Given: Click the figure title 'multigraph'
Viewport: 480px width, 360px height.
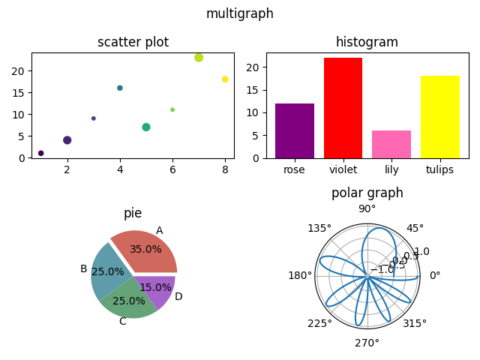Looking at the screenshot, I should coord(239,13).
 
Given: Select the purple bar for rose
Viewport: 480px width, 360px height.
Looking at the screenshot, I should coord(295,131).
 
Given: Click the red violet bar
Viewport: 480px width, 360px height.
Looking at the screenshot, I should coord(343,109).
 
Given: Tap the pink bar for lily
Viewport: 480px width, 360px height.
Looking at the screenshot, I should coord(391,145).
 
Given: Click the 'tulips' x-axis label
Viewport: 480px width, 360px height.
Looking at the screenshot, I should coord(439,169).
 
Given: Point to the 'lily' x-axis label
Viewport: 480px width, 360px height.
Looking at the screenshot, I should coord(391,169).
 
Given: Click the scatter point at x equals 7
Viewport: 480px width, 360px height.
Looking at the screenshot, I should coord(199,58).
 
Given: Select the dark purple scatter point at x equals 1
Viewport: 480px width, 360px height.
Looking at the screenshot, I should coord(41,153).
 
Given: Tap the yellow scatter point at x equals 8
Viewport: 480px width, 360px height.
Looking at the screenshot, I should coord(225,79).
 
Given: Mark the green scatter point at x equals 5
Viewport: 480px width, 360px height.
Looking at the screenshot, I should coord(146,127).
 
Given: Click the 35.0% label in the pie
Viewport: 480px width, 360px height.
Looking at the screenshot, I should coord(145,249).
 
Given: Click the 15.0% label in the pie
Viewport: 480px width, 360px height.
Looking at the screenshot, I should coord(155,287).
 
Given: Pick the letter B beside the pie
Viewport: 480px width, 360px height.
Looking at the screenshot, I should coord(84,268).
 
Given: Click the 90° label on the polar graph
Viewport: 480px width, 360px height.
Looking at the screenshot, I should coord(367,209).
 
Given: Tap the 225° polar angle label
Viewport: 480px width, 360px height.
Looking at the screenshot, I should coord(320,323).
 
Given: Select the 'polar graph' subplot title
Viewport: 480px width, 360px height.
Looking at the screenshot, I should coord(367,193).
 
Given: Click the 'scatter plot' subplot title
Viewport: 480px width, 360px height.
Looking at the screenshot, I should coord(133,42).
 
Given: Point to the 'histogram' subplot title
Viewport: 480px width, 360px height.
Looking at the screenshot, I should coord(367,42).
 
